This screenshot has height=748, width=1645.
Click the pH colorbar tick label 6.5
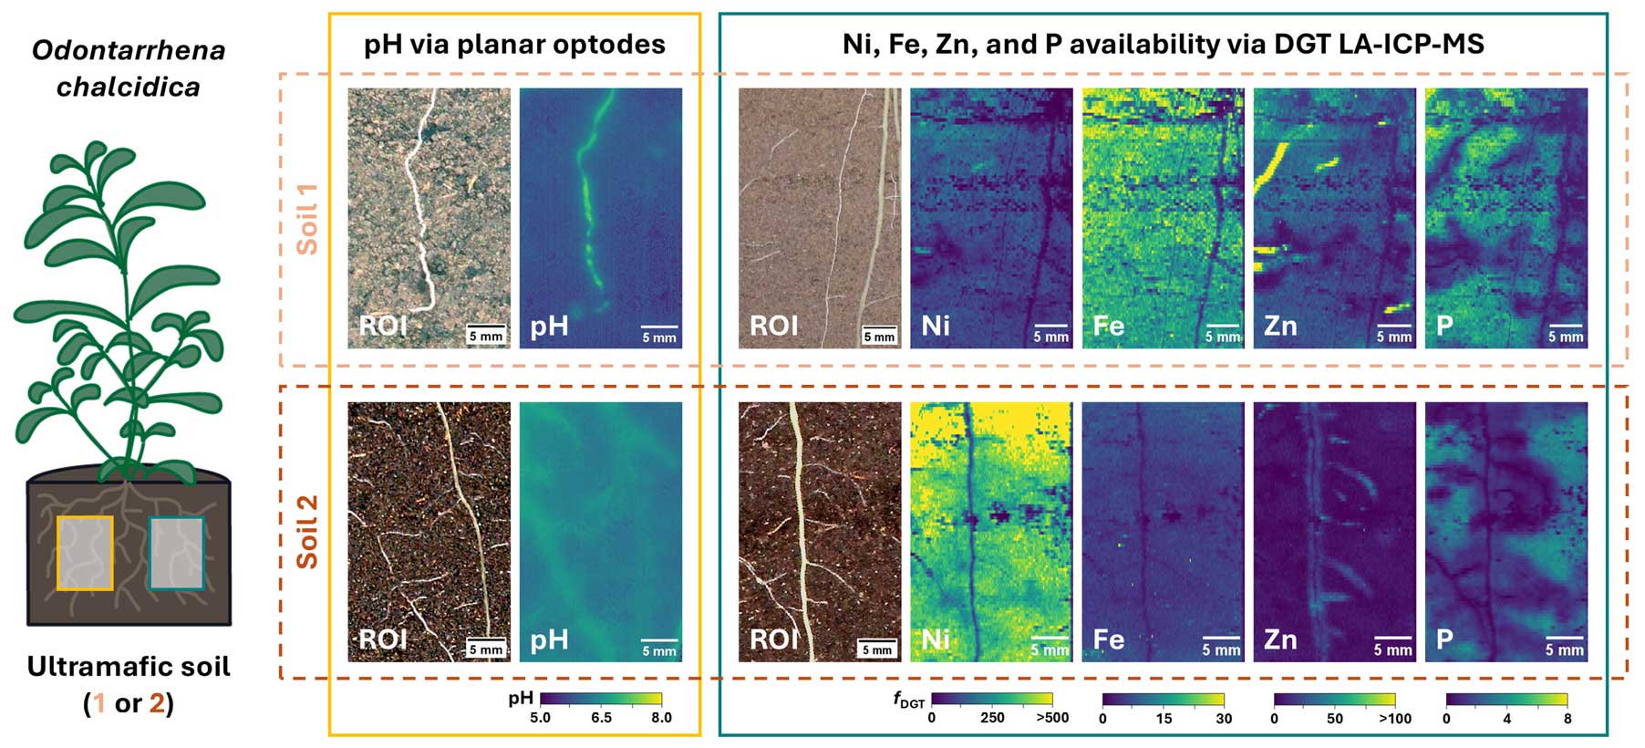(x=601, y=717)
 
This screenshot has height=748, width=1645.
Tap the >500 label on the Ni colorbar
(x=1052, y=718)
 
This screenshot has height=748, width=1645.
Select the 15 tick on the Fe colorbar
(x=1164, y=718)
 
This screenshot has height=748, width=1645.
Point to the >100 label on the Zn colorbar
(x=1394, y=718)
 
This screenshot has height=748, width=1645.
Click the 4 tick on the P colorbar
(x=1506, y=718)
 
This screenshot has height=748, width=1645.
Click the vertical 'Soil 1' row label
(x=308, y=219)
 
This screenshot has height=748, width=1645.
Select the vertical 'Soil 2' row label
(x=308, y=532)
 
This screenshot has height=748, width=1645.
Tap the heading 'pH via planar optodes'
(x=514, y=44)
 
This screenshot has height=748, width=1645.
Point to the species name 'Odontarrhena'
(x=129, y=50)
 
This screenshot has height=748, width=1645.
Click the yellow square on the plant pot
(x=85, y=553)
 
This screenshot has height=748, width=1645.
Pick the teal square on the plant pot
(x=176, y=553)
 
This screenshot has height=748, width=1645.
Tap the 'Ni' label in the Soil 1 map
(x=936, y=326)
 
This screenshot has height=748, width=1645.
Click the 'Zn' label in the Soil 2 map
(x=1279, y=639)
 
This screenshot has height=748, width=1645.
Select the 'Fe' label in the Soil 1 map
(x=1108, y=326)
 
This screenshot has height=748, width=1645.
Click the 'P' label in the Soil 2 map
(x=1444, y=639)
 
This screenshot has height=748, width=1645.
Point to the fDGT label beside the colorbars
(x=908, y=700)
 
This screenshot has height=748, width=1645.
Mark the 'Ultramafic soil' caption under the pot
(x=129, y=667)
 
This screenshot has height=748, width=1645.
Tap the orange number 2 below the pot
(x=157, y=703)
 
